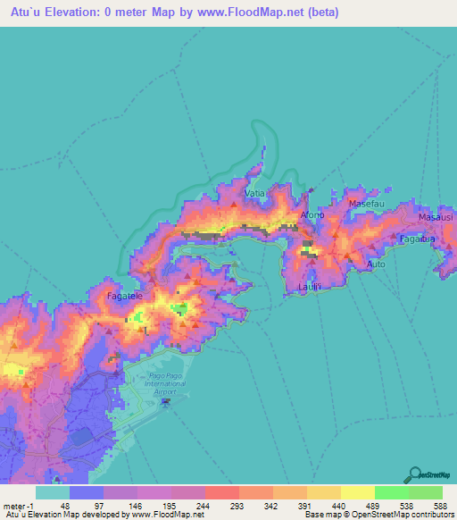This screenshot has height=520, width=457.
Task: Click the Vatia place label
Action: [253, 193]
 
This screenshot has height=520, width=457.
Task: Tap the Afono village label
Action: [312, 215]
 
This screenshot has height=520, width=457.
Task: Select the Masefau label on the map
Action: [366, 204]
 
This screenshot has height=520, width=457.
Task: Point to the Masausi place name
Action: [436, 217]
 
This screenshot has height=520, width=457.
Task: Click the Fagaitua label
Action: [417, 239]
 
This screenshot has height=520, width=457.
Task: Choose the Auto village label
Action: [376, 264]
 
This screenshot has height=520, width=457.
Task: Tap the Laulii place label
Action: [309, 286]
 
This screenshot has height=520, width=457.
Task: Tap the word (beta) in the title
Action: [319, 12]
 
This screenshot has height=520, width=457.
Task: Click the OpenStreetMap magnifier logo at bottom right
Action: [415, 474]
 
